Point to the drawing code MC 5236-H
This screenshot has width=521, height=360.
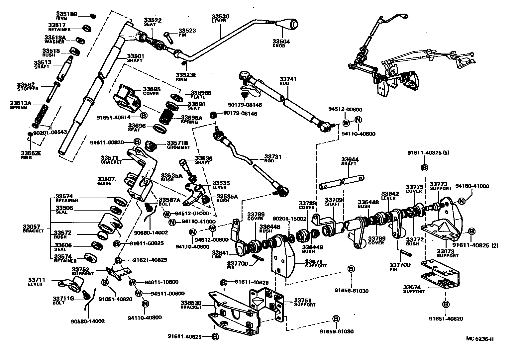coord(479,339)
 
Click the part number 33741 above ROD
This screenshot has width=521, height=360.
coord(288,79)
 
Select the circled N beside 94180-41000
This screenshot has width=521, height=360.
coord(461,201)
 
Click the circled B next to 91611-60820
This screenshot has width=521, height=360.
coord(137,142)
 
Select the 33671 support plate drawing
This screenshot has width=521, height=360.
coord(283,256)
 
